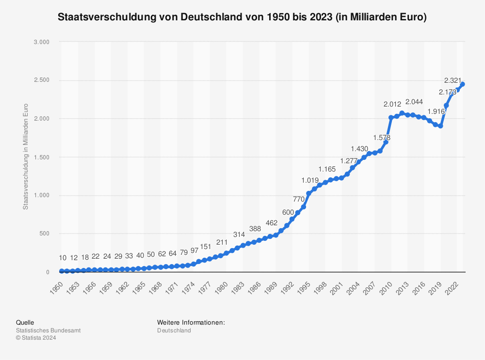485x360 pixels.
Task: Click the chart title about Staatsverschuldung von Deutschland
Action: coord(242,17)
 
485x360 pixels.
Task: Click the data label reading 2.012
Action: coord(392,104)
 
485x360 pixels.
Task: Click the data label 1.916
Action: coord(436,112)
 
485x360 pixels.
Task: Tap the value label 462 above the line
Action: coord(271,222)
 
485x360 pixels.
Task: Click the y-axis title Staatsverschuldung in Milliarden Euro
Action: coord(26,157)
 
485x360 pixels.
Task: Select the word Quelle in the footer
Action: coord(25,322)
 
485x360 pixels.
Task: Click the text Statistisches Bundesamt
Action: coord(48,330)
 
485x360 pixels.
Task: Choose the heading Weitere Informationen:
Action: coord(191,322)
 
